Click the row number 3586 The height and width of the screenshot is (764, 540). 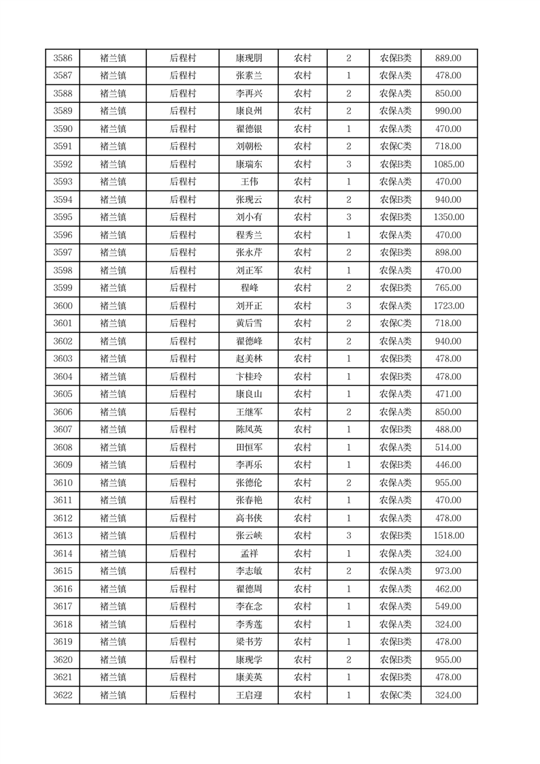click(x=63, y=59)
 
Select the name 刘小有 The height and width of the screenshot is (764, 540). click(x=248, y=217)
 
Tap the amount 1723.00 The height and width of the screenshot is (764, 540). click(x=449, y=306)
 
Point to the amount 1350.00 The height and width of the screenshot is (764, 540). click(x=449, y=217)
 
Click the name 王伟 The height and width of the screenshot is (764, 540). click(x=248, y=182)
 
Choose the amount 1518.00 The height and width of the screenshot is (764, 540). click(x=449, y=536)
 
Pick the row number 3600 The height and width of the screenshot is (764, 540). click(x=63, y=306)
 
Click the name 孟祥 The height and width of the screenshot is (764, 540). click(x=248, y=554)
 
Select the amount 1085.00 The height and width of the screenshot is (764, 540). click(x=449, y=164)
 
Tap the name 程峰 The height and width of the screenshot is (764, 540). click(x=248, y=288)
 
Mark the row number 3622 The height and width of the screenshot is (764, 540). click(x=63, y=695)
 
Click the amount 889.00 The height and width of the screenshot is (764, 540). click(x=449, y=59)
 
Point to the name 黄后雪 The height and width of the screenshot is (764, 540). click(x=248, y=323)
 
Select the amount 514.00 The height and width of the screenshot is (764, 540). click(x=449, y=447)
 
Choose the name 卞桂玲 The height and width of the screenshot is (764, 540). click(x=248, y=377)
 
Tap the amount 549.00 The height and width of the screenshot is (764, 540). click(x=449, y=607)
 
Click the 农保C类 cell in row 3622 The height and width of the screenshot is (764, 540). click(x=395, y=695)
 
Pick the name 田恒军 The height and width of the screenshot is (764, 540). click(x=248, y=447)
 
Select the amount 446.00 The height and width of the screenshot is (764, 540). click(x=449, y=465)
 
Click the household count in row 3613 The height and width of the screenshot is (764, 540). click(x=348, y=536)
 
